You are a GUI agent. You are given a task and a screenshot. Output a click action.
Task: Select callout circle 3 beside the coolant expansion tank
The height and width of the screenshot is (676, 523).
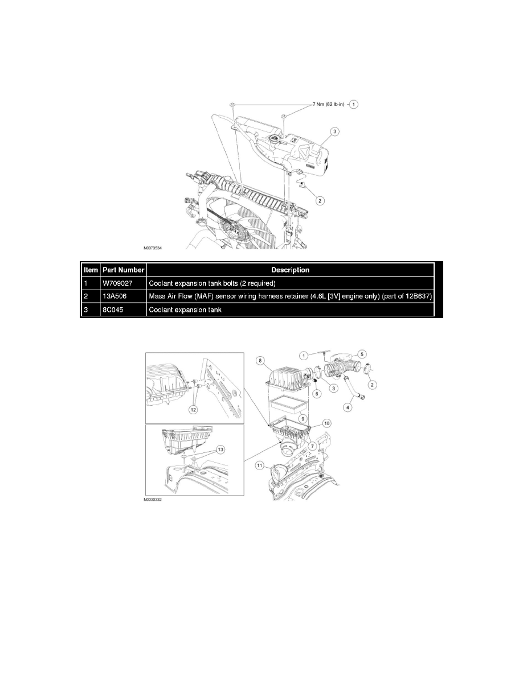point(336,131)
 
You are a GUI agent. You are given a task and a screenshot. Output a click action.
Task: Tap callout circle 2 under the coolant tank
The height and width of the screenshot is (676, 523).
point(321,200)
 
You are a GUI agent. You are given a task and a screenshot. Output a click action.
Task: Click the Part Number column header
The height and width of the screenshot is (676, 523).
point(124,270)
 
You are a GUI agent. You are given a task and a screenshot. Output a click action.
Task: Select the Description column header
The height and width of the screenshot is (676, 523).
point(291,270)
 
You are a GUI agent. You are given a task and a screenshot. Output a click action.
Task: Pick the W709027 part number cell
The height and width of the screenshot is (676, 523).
point(116,283)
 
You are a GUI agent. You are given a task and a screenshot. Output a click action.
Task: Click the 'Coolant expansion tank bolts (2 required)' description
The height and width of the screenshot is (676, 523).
point(212,283)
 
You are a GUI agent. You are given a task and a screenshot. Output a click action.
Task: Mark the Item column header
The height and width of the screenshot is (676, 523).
point(91,270)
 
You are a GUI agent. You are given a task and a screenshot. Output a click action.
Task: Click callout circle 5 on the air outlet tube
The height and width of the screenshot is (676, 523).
point(361,353)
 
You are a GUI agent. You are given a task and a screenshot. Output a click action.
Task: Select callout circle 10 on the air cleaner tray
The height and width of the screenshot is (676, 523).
point(326,423)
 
